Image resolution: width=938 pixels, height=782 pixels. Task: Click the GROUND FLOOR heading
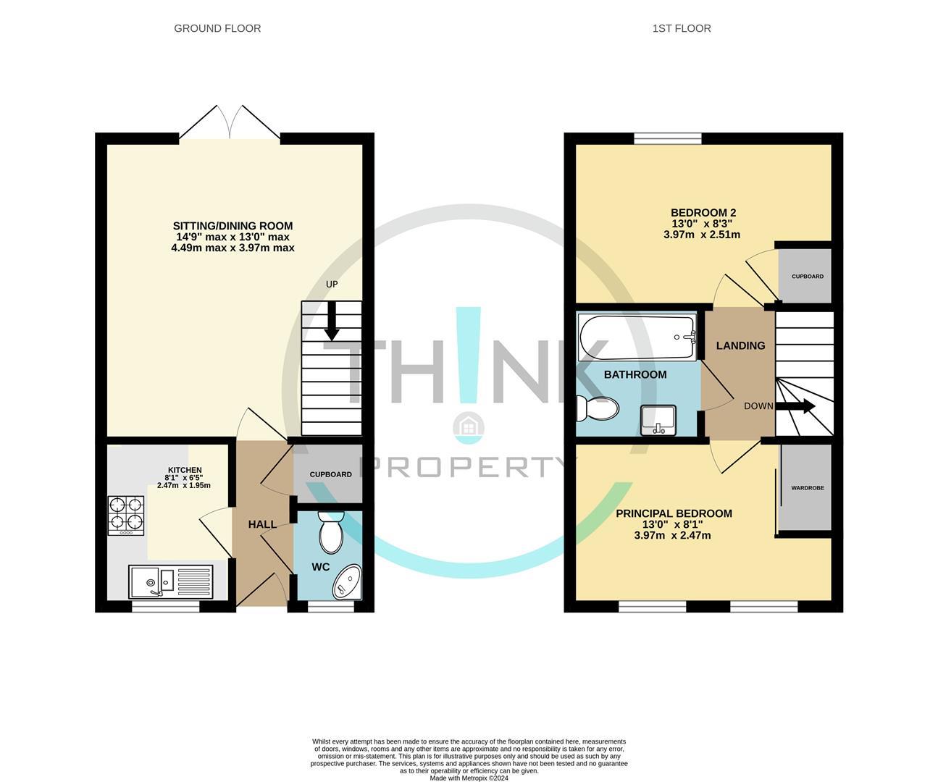click(217, 28)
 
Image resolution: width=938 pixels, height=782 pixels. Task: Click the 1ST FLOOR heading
click(681, 28)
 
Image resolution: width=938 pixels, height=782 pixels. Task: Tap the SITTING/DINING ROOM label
click(233, 226)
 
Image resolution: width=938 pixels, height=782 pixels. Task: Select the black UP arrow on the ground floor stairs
click(332, 321)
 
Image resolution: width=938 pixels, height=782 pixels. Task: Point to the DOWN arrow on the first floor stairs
click(800, 407)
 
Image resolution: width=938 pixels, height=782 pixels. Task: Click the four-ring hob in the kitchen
click(126, 515)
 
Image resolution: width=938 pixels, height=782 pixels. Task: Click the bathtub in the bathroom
click(637, 337)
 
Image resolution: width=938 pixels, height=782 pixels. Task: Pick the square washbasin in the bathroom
click(658, 421)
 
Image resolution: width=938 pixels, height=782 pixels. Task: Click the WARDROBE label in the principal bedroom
click(807, 488)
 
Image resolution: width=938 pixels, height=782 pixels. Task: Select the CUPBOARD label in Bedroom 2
click(807, 277)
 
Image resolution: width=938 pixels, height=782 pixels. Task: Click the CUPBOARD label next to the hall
click(330, 475)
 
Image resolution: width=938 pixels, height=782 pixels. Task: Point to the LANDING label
click(740, 345)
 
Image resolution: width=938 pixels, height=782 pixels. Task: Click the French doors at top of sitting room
click(230, 123)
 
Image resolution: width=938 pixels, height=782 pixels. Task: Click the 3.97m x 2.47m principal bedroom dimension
click(672, 536)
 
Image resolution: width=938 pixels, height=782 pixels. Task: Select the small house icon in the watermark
click(468, 427)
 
